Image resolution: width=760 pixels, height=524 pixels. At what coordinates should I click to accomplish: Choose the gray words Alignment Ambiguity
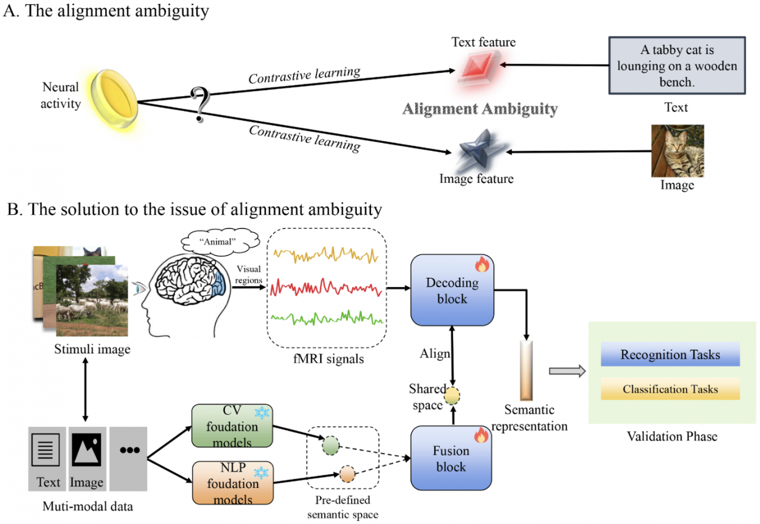click(480, 109)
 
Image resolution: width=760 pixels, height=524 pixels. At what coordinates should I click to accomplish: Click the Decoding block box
click(452, 290)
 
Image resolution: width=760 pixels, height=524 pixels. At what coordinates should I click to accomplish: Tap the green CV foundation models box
click(232, 427)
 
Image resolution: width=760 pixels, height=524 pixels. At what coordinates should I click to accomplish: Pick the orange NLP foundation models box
click(232, 483)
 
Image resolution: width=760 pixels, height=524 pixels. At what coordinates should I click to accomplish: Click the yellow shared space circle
click(453, 395)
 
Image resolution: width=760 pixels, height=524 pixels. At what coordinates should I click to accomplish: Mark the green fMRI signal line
click(326, 319)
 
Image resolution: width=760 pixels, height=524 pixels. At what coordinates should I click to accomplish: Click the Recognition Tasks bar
click(670, 355)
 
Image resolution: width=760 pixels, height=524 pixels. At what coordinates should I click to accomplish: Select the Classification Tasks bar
click(670, 389)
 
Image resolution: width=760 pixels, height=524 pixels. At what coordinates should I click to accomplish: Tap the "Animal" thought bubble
click(220, 242)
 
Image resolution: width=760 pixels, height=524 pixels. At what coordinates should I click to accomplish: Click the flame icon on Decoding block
click(482, 265)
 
